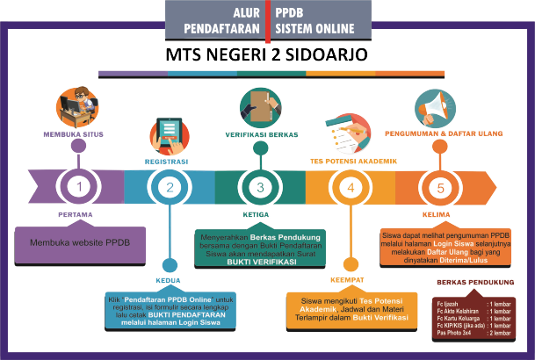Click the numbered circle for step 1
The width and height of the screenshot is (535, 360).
(x=79, y=187)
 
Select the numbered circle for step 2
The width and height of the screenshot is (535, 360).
(x=171, y=187)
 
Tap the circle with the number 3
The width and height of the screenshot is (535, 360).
(x=260, y=187)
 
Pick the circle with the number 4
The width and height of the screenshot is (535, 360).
(x=351, y=187)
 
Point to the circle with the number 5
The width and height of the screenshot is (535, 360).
(x=442, y=187)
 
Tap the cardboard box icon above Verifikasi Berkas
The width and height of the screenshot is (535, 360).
(x=260, y=106)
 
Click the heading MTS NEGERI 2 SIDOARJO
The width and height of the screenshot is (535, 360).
(x=267, y=55)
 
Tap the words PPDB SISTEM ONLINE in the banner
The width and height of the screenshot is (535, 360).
(x=308, y=20)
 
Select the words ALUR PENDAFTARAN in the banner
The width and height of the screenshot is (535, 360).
(x=221, y=20)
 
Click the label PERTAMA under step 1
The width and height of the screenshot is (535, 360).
(x=79, y=214)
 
